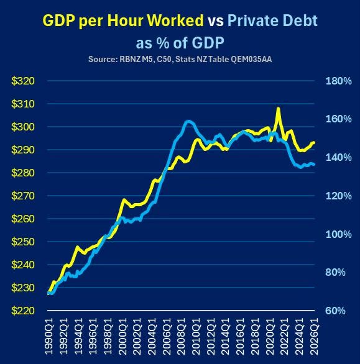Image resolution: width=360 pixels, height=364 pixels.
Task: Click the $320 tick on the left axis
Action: [x=23, y=81]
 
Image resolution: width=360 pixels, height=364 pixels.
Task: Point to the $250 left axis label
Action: [x=23, y=242]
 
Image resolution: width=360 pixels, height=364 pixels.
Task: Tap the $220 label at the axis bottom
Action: [x=23, y=311]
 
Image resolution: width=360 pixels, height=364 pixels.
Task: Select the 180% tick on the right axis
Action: [x=339, y=81]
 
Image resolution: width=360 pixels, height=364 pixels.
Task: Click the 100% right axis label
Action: [x=339, y=234]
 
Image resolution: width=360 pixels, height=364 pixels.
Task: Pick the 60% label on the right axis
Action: [x=335, y=311]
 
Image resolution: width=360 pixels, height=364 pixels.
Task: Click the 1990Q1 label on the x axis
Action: [x=48, y=336]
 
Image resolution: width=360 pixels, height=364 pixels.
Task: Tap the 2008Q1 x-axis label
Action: [x=182, y=336]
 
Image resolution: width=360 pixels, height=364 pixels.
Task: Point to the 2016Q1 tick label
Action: [x=241, y=336]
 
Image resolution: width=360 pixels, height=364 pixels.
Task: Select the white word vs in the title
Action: [x=216, y=21]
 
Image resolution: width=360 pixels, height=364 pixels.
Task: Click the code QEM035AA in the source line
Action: [x=251, y=59]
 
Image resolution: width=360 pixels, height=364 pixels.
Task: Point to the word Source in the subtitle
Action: [x=102, y=59]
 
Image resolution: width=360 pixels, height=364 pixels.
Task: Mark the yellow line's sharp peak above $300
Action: [x=278, y=108]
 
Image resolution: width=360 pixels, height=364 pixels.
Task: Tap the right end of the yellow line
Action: [x=314, y=142]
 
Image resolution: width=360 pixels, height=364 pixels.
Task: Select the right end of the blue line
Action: [x=314, y=165]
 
